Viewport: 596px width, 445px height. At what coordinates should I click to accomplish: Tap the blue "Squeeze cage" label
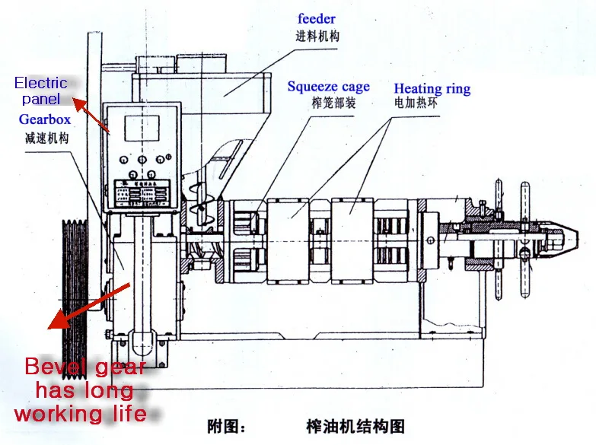[329, 86]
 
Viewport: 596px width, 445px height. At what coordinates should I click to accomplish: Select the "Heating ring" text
[432, 89]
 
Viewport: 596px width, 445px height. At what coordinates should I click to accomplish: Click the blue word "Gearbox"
[45, 120]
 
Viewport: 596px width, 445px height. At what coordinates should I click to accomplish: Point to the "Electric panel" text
[41, 91]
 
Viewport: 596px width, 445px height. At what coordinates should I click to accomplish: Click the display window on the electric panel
[143, 129]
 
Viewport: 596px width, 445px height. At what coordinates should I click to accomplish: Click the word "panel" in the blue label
[41, 99]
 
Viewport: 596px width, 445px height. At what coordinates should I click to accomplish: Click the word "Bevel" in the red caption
[53, 367]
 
